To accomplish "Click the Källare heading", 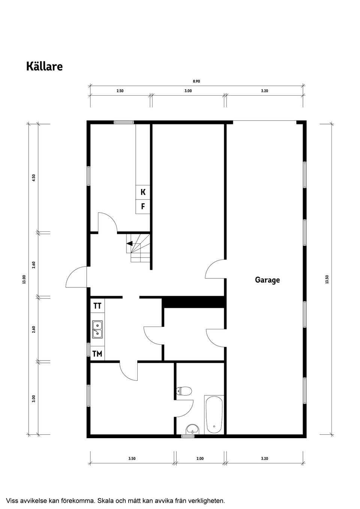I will click(x=44, y=66).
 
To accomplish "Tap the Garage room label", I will click(x=267, y=280).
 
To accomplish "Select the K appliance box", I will click(x=143, y=192).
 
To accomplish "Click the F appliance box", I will click(x=143, y=207).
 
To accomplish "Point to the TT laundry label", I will click(x=97, y=306).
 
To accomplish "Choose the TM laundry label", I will click(x=97, y=353).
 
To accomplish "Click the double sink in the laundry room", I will click(x=97, y=329).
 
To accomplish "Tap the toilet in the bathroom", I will click(x=184, y=391).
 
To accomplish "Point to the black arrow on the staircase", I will click(x=129, y=243).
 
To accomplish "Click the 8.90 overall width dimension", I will click(x=196, y=81).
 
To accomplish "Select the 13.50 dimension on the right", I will click(x=327, y=279).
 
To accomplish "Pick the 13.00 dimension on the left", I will click(x=24, y=279).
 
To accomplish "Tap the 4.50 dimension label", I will click(x=34, y=177).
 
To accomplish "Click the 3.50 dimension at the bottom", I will click(x=132, y=458).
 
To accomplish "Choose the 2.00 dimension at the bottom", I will click(x=200, y=458).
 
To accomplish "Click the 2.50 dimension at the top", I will click(x=120, y=91).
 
